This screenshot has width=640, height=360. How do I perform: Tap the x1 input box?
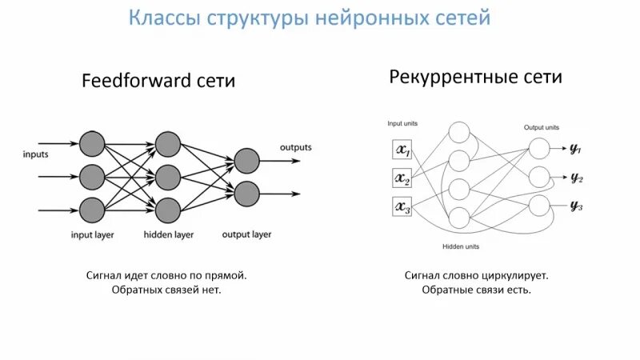402,150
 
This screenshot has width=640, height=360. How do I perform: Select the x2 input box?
402,178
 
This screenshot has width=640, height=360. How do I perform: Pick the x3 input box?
402,207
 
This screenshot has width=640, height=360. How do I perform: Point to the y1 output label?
575,150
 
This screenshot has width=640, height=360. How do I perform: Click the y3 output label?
575,206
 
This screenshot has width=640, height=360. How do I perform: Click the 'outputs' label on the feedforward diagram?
295,147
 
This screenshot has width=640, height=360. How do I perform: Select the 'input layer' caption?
92,235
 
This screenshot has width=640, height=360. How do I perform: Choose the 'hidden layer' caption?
168,235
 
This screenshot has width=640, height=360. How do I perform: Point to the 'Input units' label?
402,124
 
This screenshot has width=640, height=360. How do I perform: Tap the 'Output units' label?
542,127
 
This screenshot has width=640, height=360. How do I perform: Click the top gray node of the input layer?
92,144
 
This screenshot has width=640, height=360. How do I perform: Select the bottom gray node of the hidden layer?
167,210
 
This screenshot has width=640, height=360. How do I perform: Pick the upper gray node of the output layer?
246,160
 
